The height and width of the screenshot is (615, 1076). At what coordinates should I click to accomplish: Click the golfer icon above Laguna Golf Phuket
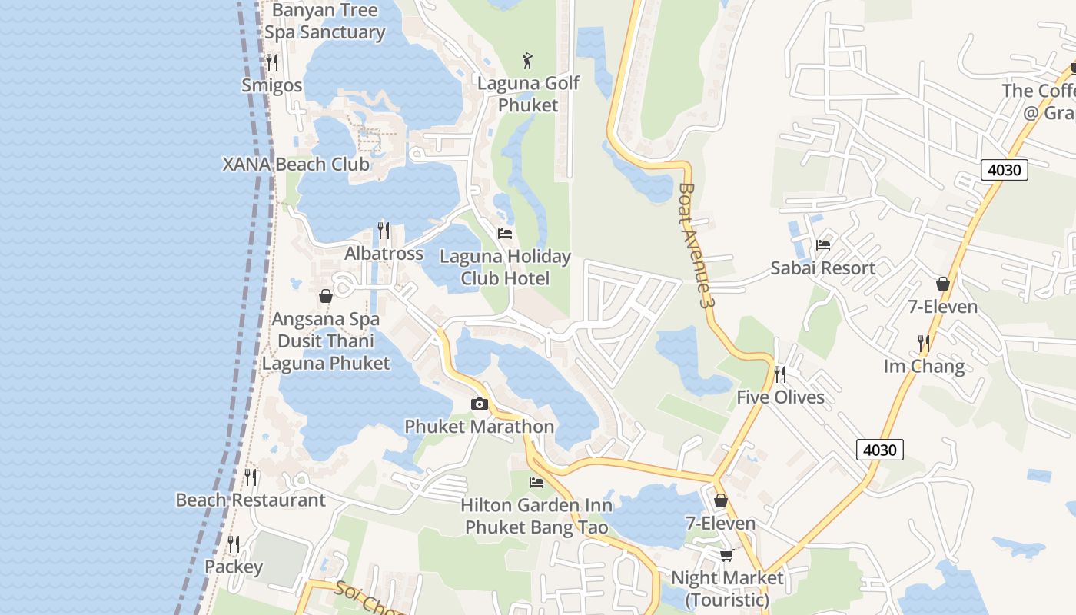[x=527, y=61]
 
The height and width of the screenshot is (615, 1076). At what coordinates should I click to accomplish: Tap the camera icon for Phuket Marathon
[x=479, y=404]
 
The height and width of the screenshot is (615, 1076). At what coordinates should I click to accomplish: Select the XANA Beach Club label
[x=296, y=165]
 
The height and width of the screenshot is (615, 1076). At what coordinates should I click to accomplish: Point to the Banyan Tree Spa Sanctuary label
[x=324, y=22]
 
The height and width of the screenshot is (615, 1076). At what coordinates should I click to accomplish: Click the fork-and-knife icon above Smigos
[x=271, y=62]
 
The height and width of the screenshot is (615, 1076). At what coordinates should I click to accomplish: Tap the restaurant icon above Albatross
[x=383, y=231]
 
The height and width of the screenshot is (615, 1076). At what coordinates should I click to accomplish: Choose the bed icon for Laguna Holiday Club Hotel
[x=505, y=234]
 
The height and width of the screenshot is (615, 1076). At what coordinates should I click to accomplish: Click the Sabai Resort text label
[x=822, y=268]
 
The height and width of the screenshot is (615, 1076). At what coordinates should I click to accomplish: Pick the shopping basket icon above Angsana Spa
[x=326, y=296]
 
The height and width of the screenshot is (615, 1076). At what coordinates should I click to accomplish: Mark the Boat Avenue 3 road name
[x=695, y=246]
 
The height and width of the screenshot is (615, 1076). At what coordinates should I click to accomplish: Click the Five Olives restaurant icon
[x=779, y=374]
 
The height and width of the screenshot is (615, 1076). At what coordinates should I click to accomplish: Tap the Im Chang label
[x=924, y=366]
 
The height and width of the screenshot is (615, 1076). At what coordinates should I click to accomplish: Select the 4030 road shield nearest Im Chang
[x=879, y=450]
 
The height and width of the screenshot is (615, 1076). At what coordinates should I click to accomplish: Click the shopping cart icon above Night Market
[x=726, y=555]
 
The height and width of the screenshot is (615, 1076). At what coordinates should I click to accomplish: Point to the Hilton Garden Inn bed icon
[x=536, y=483]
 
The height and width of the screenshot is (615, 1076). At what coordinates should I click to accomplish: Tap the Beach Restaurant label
[x=251, y=500]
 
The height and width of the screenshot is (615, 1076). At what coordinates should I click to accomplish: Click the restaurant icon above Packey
[x=234, y=544]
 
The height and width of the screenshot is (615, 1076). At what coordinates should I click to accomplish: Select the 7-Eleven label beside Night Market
[x=720, y=524]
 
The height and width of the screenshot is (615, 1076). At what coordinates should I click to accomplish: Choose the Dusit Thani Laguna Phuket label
[x=326, y=352]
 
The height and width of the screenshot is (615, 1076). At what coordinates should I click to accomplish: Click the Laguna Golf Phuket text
[x=528, y=94]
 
